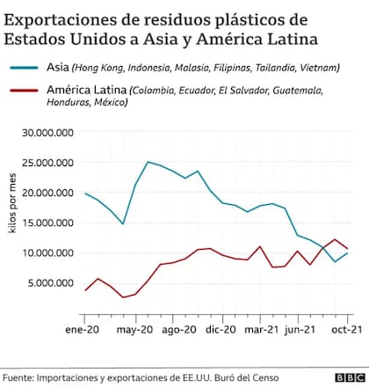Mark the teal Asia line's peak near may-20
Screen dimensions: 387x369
[148, 162]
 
